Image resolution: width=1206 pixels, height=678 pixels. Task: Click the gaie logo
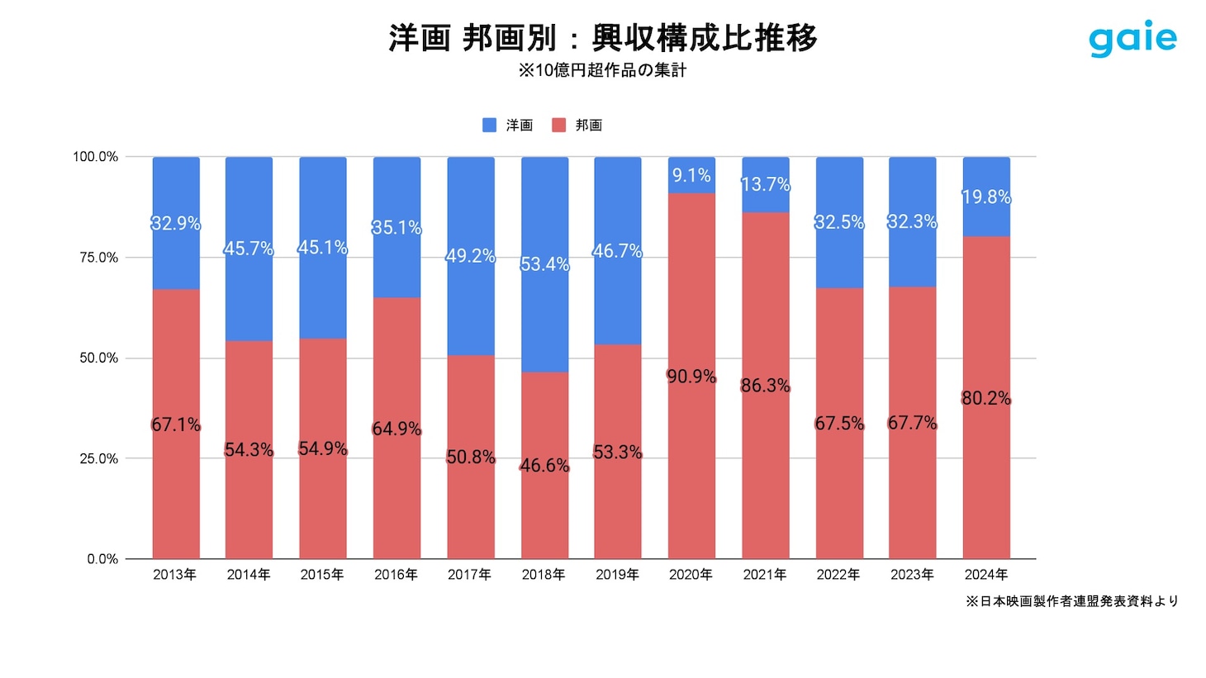1132,39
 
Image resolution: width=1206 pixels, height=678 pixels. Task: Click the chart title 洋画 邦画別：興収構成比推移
602,38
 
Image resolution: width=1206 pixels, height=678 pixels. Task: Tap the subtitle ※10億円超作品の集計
602,71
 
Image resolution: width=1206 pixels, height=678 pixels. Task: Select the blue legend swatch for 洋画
490,125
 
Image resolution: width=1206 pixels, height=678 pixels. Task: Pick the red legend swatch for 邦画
559,125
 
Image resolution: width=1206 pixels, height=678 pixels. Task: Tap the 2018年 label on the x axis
544,575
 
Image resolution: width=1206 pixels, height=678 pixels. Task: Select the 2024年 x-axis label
986,575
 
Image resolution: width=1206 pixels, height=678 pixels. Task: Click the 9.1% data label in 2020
691,175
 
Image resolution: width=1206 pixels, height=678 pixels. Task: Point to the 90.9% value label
691,377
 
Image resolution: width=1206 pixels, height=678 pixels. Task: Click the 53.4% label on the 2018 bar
544,264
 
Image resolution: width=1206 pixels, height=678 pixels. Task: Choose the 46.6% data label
544,466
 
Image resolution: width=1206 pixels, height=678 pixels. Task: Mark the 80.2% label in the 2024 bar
986,398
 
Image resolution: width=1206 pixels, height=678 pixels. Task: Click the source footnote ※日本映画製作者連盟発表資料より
1072,601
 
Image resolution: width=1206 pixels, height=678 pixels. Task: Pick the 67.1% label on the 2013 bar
175,424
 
